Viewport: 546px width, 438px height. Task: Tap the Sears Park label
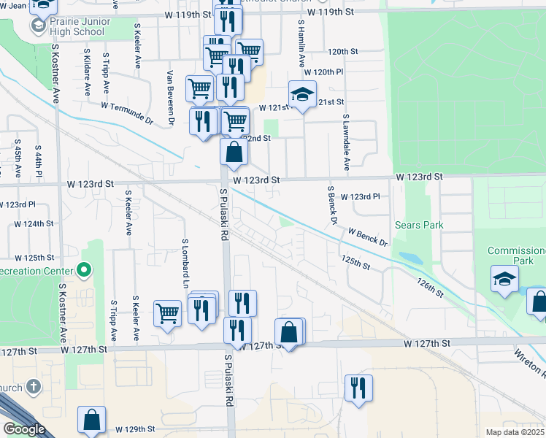tap(418, 225)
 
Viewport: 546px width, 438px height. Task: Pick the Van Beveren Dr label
tap(170, 98)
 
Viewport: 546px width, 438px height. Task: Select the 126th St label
tap(430, 287)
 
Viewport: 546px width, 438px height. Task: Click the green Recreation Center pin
tap(84, 271)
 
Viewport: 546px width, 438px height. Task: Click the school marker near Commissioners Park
tap(505, 279)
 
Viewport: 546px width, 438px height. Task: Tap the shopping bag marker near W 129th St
tap(93, 420)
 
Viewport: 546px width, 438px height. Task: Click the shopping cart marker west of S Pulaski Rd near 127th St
tap(167, 313)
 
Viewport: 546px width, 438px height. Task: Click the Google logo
tap(24, 429)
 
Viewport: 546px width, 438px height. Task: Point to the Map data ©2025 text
tap(515, 432)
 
